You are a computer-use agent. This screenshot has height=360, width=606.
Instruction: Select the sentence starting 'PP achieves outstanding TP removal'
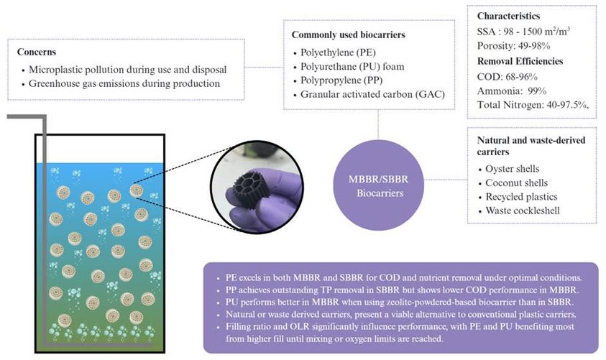(x=399, y=288)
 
